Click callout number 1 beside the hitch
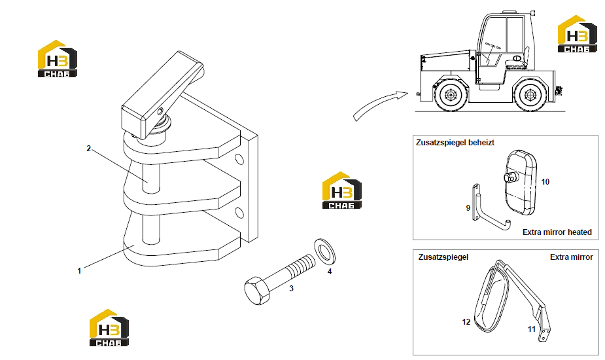[x=80, y=271]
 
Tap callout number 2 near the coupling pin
[x=89, y=149]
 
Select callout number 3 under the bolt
[x=291, y=289]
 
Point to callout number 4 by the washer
[x=330, y=272]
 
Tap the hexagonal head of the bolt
[x=256, y=290]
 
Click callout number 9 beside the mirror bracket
[x=468, y=207]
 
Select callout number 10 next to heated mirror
[x=545, y=181]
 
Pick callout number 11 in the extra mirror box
[x=532, y=329]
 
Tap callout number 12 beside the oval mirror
[x=466, y=322]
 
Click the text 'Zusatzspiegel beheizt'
[x=455, y=143]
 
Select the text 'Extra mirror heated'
[x=557, y=232]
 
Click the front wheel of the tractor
[x=450, y=94]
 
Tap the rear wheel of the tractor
[x=530, y=95]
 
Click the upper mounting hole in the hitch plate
[x=239, y=159]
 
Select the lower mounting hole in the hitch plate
[x=239, y=213]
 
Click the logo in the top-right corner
[x=578, y=34]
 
